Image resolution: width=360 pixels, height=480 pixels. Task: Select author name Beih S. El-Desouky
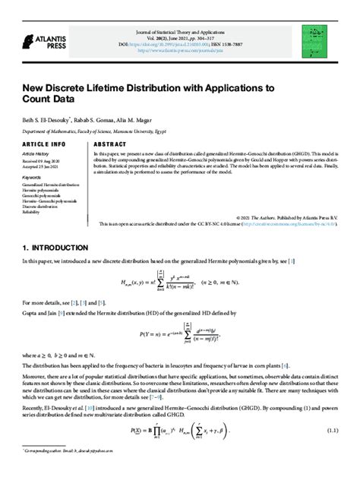(47, 119)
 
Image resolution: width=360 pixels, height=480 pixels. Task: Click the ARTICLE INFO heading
(44, 144)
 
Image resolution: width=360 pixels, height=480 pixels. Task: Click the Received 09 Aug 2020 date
(43, 160)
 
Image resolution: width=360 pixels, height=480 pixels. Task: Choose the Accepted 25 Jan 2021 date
(43, 166)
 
